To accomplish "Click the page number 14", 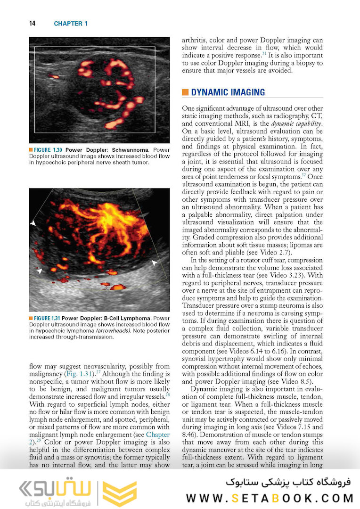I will point(33,24).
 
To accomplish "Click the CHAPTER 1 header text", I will point(71,24).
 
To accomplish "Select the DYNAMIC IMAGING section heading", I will point(228,92).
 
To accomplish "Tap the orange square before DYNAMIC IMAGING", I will point(185,92).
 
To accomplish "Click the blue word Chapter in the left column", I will point(158,435).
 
